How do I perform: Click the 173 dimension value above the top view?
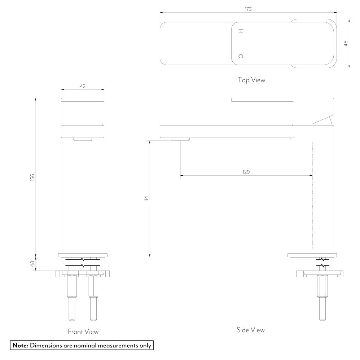[x=248, y=9]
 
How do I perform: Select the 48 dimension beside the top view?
[x=346, y=43]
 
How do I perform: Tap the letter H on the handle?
[x=241, y=31]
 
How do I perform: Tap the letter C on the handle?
[x=241, y=56]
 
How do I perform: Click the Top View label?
[x=251, y=80]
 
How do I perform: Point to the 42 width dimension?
[x=83, y=86]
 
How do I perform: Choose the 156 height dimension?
[x=32, y=177]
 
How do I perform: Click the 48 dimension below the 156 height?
[x=32, y=264]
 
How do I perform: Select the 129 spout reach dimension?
[x=246, y=172]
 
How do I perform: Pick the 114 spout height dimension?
[x=146, y=199]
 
